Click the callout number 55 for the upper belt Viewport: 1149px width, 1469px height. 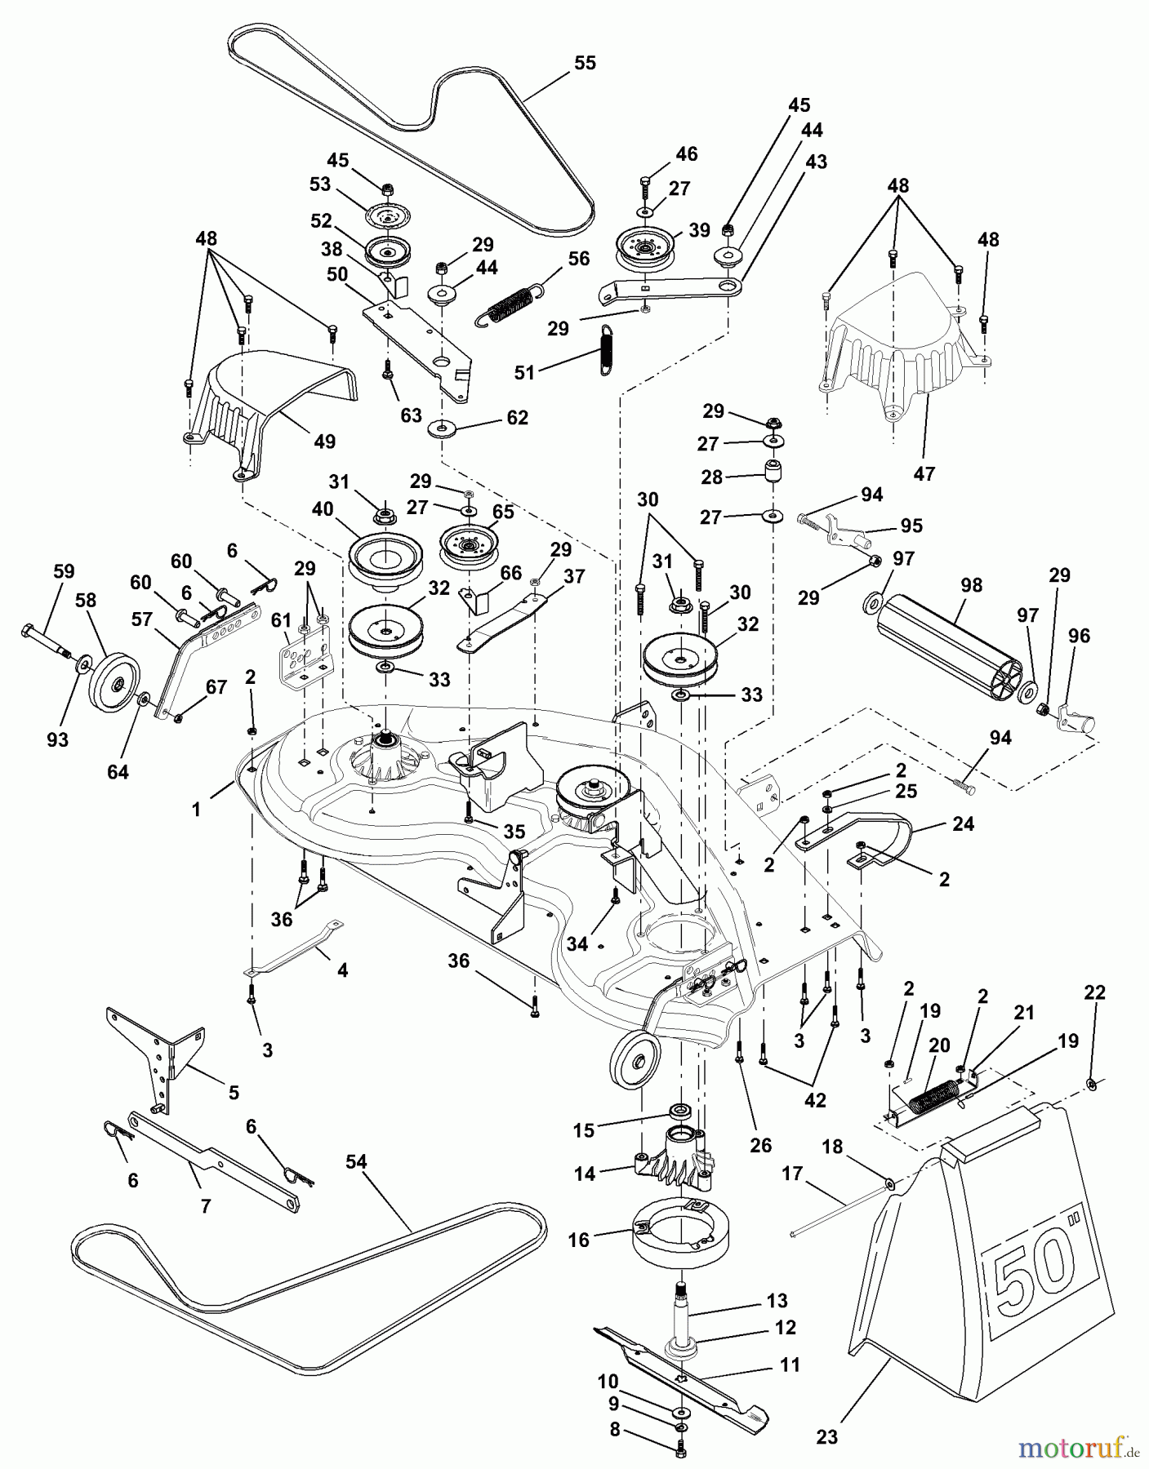pyautogui.click(x=585, y=63)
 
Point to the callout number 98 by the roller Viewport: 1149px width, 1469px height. pyautogui.click(x=972, y=585)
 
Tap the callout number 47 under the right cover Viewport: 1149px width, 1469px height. pyautogui.click(x=924, y=473)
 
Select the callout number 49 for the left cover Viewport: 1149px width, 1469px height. pyautogui.click(x=324, y=442)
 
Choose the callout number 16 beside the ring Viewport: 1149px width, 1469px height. pyautogui.click(x=578, y=1240)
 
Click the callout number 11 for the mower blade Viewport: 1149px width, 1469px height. pyautogui.click(x=790, y=1365)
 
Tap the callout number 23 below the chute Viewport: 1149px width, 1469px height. pyautogui.click(x=826, y=1436)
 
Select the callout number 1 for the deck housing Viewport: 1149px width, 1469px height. pyautogui.click(x=196, y=809)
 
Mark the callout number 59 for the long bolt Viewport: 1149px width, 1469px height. pyautogui.click(x=64, y=571)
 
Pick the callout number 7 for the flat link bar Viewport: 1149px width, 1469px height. pyautogui.click(x=205, y=1205)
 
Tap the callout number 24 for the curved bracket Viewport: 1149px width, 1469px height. pyautogui.click(x=963, y=823)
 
